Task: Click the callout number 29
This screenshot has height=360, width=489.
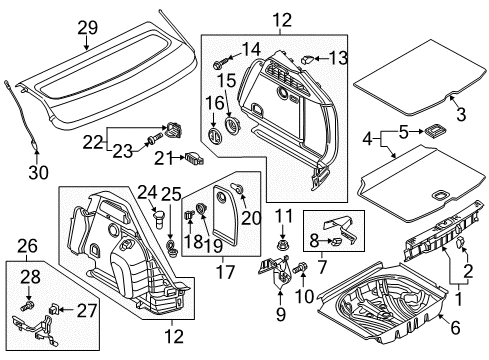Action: coord(88,28)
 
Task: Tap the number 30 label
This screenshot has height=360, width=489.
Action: coord(38,172)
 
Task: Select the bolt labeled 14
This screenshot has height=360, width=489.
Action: coord(221,62)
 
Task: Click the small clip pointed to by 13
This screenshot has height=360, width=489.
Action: coord(306,60)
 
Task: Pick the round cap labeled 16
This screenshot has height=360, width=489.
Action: coord(214,136)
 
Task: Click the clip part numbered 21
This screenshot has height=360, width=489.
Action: coord(194,158)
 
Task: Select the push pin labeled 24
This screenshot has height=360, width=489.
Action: coord(159,219)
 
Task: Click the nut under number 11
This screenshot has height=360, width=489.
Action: coord(283,246)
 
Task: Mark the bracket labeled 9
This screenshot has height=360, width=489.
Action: coord(274,272)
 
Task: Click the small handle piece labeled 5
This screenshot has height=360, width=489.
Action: coord(433,131)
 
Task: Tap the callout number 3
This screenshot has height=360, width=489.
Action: coord(461,114)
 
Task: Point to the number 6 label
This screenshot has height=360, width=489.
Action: coord(455,327)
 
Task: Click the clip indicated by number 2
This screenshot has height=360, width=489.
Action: coord(461,242)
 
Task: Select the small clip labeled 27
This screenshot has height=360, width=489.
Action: coord(54,310)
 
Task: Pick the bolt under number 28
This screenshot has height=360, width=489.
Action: coord(27,305)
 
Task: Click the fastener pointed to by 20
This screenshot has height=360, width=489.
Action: coord(238,188)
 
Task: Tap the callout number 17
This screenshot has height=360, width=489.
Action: coord(225,272)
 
